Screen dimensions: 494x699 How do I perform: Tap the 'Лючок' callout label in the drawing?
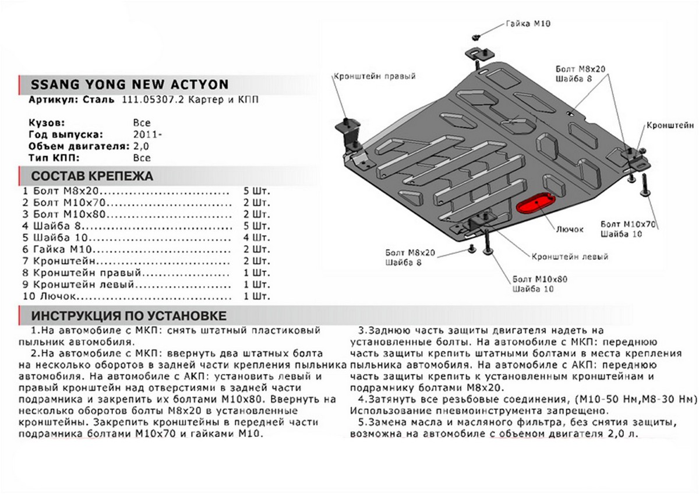point(570,230)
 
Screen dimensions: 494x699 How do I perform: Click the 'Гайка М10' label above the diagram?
point(527,24)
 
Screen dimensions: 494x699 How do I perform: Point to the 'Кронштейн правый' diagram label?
point(375,76)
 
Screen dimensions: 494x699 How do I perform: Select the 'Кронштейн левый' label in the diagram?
point(570,256)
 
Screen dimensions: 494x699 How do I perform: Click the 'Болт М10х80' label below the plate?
point(539,279)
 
